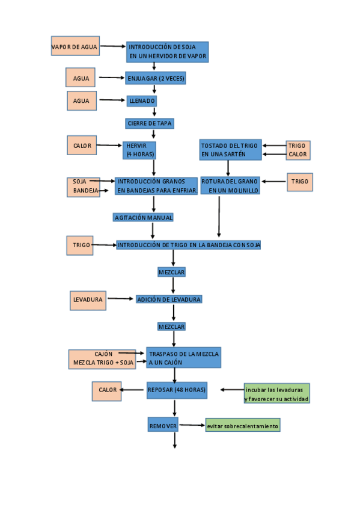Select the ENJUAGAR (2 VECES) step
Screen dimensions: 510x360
[x=156, y=78]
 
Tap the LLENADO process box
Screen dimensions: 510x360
[x=142, y=100]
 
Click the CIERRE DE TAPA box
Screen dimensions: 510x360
[x=150, y=123]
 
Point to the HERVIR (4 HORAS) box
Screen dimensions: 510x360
[x=139, y=150]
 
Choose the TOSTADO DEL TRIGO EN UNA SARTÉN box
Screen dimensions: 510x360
[x=230, y=150]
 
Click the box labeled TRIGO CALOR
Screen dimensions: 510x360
[x=297, y=150]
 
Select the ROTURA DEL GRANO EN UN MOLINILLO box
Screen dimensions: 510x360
[x=230, y=185]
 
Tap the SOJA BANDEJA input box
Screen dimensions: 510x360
[x=83, y=186]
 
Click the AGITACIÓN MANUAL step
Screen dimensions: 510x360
[x=144, y=217]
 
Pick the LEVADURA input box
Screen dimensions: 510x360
[x=88, y=300]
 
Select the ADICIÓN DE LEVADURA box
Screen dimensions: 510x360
[x=169, y=299]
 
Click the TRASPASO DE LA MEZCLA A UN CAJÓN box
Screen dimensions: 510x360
[x=184, y=358]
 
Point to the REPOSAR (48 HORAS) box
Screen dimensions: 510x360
[x=177, y=390]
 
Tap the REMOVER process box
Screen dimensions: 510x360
[x=163, y=426]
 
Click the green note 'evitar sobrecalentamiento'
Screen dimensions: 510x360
[x=243, y=426]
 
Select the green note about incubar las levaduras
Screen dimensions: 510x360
[x=276, y=394]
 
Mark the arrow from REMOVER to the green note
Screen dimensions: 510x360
[x=192, y=425]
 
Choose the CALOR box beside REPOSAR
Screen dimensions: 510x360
[x=108, y=390]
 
